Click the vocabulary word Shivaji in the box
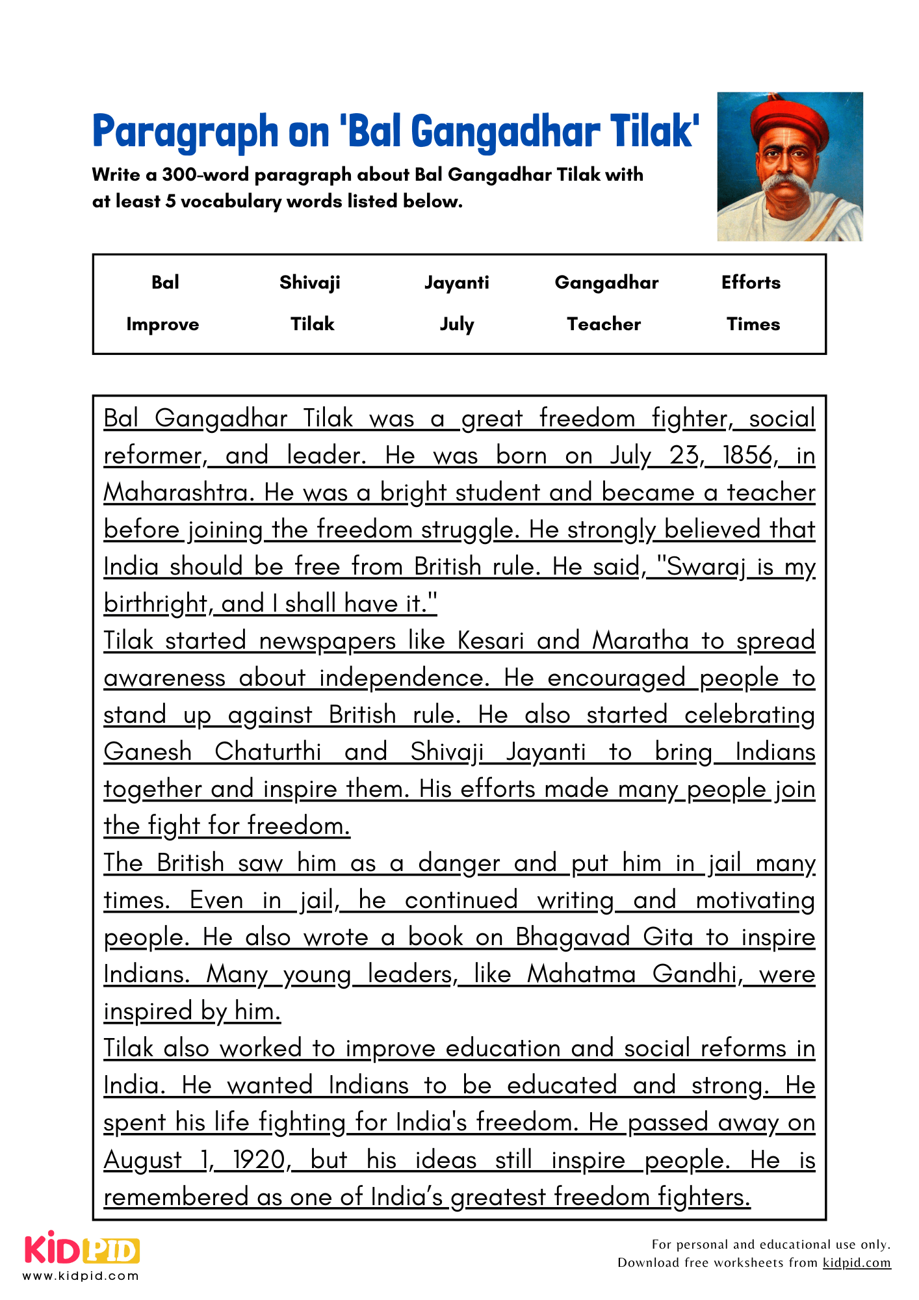point(309,282)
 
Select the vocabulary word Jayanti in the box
point(456,282)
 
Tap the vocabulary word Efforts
point(751,282)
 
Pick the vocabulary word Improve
point(162,324)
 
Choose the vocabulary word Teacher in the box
point(604,324)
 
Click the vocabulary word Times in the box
point(753,324)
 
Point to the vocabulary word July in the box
point(456,324)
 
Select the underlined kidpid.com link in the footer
point(857,1263)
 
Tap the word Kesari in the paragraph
point(490,641)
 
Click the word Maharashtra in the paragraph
point(177,493)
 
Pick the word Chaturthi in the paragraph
point(268,752)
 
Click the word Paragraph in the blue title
point(185,131)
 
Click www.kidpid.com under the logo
point(81,1276)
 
